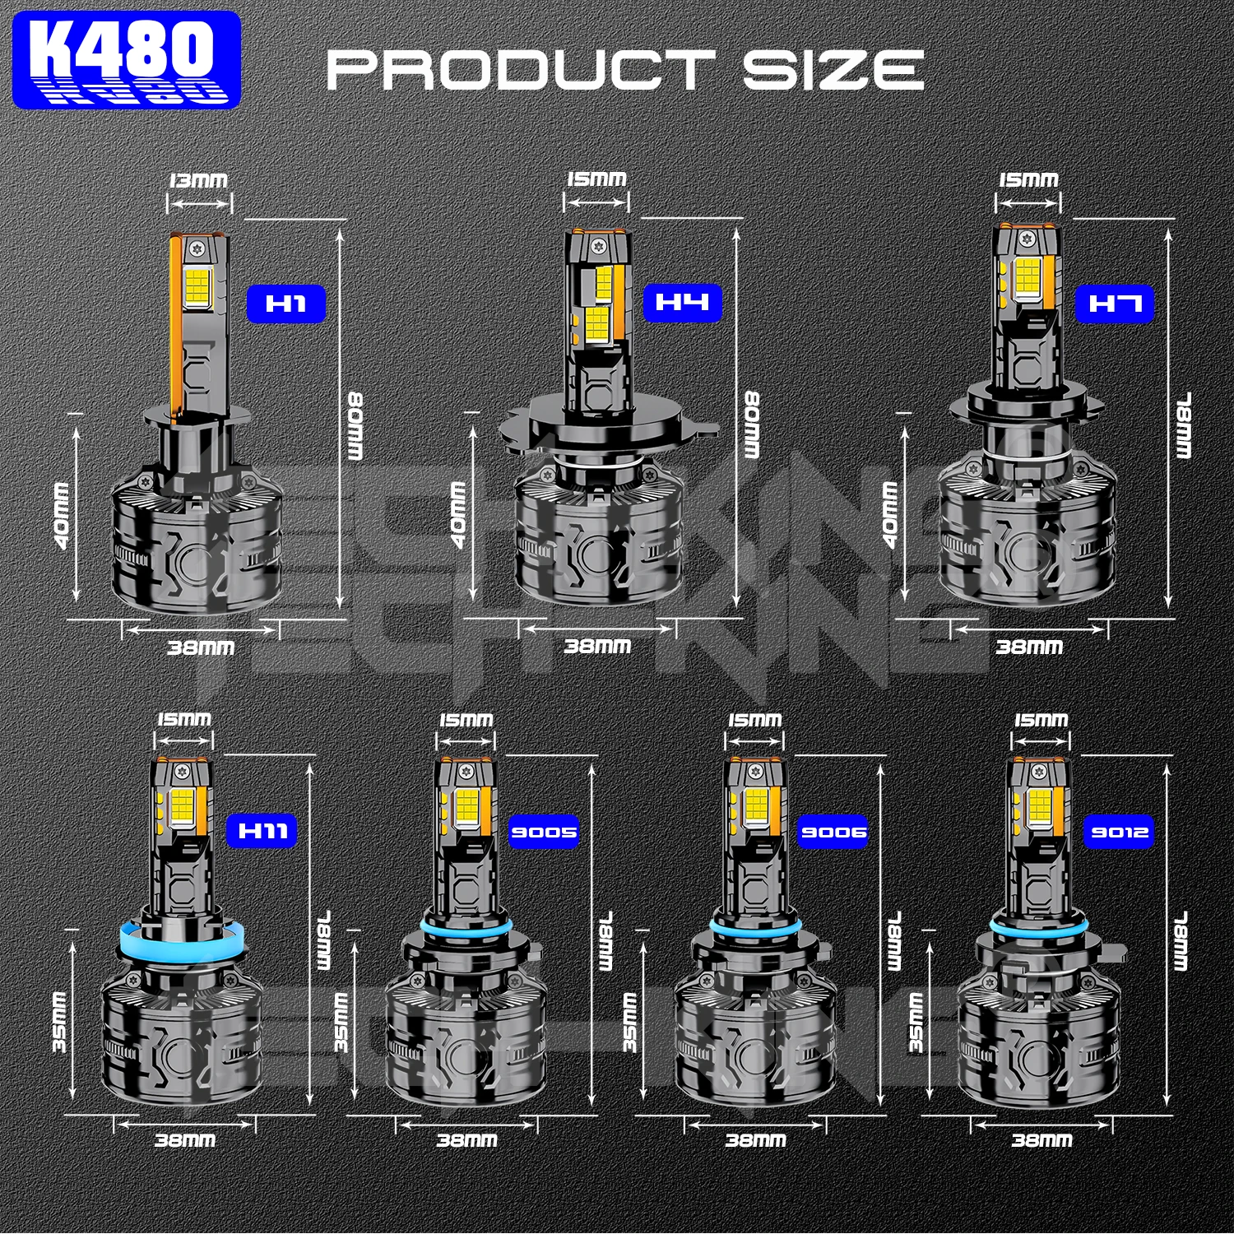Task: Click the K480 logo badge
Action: (x=127, y=59)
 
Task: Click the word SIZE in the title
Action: (x=833, y=70)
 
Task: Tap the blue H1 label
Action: (x=286, y=304)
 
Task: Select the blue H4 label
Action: (x=682, y=303)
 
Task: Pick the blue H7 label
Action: (x=1115, y=304)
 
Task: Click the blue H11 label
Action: (x=262, y=831)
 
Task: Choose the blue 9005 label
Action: (x=544, y=832)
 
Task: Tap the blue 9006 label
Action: (x=833, y=832)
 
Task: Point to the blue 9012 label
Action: (x=1119, y=832)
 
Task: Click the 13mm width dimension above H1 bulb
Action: (x=198, y=180)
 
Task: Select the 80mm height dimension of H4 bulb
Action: (x=752, y=424)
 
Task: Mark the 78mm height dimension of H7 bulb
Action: (x=1183, y=424)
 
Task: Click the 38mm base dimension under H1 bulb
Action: (x=201, y=647)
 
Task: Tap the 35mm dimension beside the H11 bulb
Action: (x=59, y=1022)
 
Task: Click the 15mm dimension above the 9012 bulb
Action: (x=1041, y=721)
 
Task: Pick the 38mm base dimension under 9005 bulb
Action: (x=466, y=1140)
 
